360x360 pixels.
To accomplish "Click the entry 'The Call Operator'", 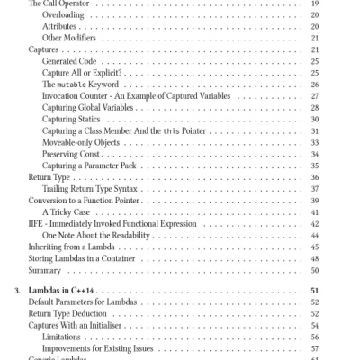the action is click(x=55, y=4).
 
